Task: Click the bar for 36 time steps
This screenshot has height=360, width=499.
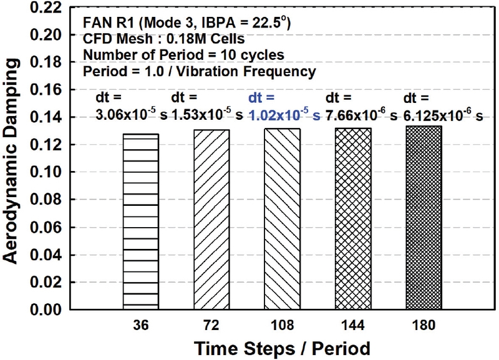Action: (x=140, y=221)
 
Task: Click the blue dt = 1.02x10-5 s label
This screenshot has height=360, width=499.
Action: (x=284, y=107)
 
